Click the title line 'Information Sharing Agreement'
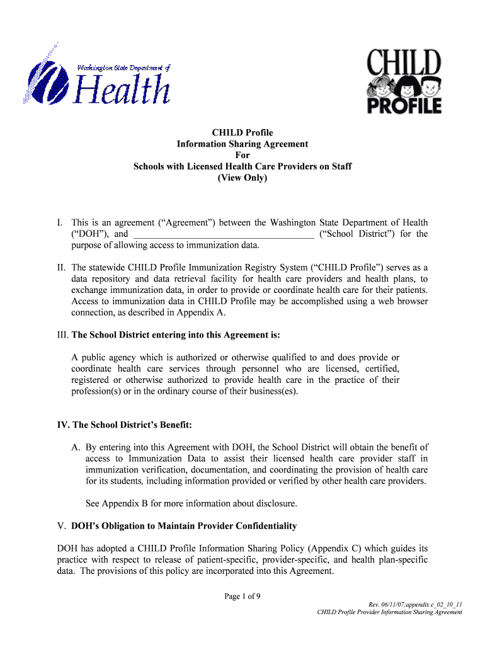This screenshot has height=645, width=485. click(243, 144)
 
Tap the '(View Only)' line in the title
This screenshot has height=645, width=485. click(243, 178)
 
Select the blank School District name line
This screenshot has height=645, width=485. click(224, 234)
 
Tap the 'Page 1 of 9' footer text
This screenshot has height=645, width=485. click(243, 598)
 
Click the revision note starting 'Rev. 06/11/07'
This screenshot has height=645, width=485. click(415, 605)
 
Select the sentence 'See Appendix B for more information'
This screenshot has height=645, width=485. click(191, 503)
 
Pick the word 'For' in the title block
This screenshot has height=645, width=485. click(243, 155)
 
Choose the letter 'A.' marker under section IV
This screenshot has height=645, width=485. click(76, 447)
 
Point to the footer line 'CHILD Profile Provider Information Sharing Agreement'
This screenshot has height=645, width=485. click(390, 612)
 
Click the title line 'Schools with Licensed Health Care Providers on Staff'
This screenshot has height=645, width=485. click(243, 166)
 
